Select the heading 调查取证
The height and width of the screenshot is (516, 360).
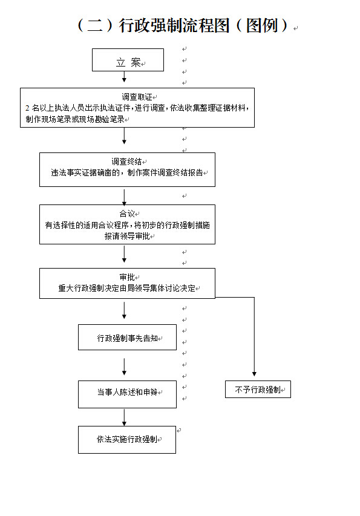click(x=137, y=97)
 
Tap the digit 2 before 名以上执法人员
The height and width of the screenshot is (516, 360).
click(x=27, y=108)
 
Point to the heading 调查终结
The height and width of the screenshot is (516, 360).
click(x=126, y=162)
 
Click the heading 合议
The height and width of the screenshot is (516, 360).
click(x=127, y=214)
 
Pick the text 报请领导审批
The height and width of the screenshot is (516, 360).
click(x=127, y=236)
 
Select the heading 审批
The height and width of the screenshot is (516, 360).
click(x=127, y=277)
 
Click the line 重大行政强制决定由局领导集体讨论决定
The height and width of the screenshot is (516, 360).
click(x=126, y=289)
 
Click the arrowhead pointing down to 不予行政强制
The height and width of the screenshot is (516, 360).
click(x=254, y=374)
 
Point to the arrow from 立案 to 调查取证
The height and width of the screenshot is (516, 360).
click(x=125, y=77)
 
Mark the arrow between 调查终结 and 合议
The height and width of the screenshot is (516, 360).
click(x=125, y=197)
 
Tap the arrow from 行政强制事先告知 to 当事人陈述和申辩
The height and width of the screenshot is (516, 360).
click(x=125, y=367)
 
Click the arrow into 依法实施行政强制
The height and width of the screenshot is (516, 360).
click(x=125, y=417)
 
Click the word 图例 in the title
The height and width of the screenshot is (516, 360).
click(x=262, y=25)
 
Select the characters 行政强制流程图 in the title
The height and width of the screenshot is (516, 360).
click(x=174, y=25)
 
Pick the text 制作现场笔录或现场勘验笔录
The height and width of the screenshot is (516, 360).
click(x=75, y=119)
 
